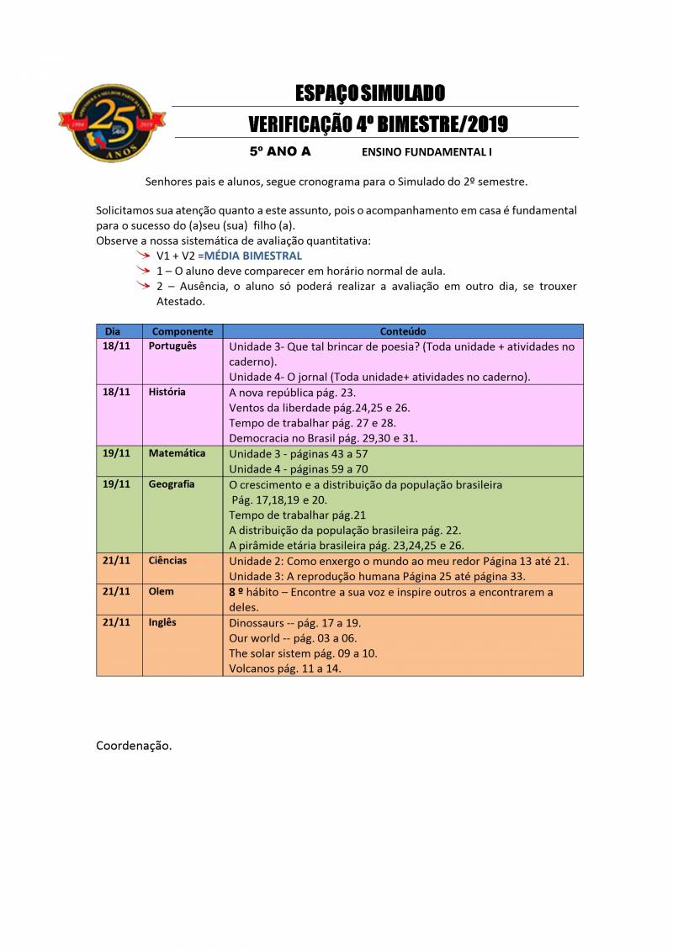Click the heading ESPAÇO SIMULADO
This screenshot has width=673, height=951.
point(370,92)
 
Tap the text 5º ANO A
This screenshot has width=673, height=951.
point(280,152)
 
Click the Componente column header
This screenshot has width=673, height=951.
point(183,331)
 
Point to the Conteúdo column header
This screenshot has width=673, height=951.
point(403,331)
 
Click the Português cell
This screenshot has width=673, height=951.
point(172,346)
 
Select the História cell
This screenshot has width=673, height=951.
point(167,392)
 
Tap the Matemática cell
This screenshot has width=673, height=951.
point(177,453)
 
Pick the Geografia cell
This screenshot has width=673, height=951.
point(172,484)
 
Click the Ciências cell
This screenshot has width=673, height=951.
point(167,560)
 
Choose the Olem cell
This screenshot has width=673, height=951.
point(161,591)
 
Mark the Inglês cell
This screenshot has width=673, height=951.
point(162,622)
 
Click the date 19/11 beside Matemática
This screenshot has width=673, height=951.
point(116,453)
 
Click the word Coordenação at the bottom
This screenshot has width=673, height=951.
point(134,745)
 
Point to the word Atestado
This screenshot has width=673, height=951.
point(180,301)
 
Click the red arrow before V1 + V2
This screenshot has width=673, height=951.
point(146,255)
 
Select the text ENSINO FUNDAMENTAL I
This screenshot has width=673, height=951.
point(427,153)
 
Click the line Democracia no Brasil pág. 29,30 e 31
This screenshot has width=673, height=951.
point(323,438)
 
